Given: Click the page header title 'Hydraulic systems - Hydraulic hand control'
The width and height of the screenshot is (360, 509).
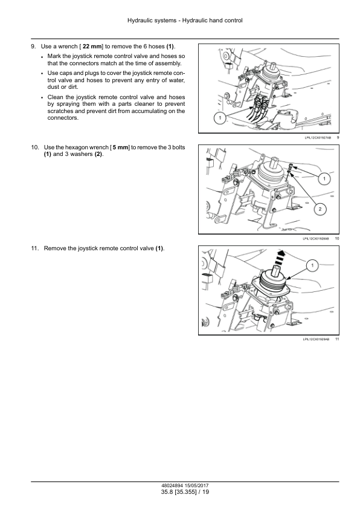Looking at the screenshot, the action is click(185, 21).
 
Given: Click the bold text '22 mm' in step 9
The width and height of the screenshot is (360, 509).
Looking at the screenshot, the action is click(92, 47).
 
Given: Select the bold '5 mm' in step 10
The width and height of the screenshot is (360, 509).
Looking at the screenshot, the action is click(120, 148).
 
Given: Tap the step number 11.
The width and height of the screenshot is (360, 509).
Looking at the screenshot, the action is click(35, 248).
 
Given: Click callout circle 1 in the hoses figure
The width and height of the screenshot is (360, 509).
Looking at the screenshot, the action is click(220, 118).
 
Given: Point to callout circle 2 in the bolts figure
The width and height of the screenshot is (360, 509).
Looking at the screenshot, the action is click(320, 209).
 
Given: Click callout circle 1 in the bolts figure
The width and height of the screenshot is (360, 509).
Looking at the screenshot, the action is click(324, 178).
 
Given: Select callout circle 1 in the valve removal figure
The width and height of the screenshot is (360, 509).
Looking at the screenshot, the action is click(312, 266).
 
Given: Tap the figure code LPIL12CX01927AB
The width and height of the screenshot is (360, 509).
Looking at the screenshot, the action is click(318, 138).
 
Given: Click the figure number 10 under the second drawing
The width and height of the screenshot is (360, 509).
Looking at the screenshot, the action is click(337, 239).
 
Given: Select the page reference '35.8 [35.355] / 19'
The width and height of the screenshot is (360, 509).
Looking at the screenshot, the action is click(185, 492).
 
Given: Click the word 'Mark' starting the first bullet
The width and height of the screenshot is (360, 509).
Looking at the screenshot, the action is click(54, 56).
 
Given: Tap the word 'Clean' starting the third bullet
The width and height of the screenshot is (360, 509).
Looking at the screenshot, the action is click(56, 97).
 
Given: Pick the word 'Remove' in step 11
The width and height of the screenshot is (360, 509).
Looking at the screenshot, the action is click(54, 248).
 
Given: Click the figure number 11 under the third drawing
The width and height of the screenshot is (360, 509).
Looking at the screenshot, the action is click(337, 339).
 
